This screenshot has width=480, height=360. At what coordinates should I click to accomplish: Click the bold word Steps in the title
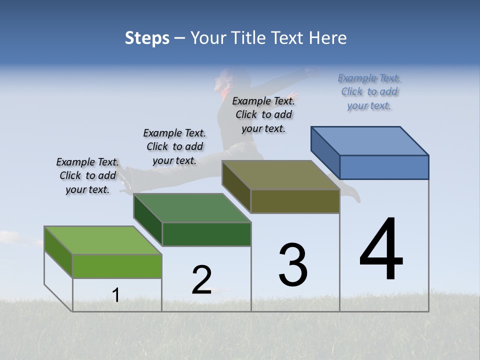(x=147, y=38)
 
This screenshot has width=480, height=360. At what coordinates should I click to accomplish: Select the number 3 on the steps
(x=292, y=265)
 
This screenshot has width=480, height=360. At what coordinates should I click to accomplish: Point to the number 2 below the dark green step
(x=201, y=280)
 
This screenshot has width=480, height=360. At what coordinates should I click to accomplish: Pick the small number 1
(x=115, y=295)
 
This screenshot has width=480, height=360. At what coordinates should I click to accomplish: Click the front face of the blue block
(x=384, y=167)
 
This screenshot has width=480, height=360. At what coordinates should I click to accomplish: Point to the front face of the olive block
(x=295, y=201)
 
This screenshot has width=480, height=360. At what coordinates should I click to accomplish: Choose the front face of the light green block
(x=117, y=266)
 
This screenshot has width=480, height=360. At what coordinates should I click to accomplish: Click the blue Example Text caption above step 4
(x=369, y=91)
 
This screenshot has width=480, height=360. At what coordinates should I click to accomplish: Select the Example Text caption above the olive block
(x=263, y=114)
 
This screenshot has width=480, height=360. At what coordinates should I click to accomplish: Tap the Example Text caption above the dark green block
(x=174, y=146)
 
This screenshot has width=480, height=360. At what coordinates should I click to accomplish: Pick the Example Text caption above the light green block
(x=87, y=175)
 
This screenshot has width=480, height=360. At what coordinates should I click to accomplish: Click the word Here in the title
(x=329, y=38)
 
